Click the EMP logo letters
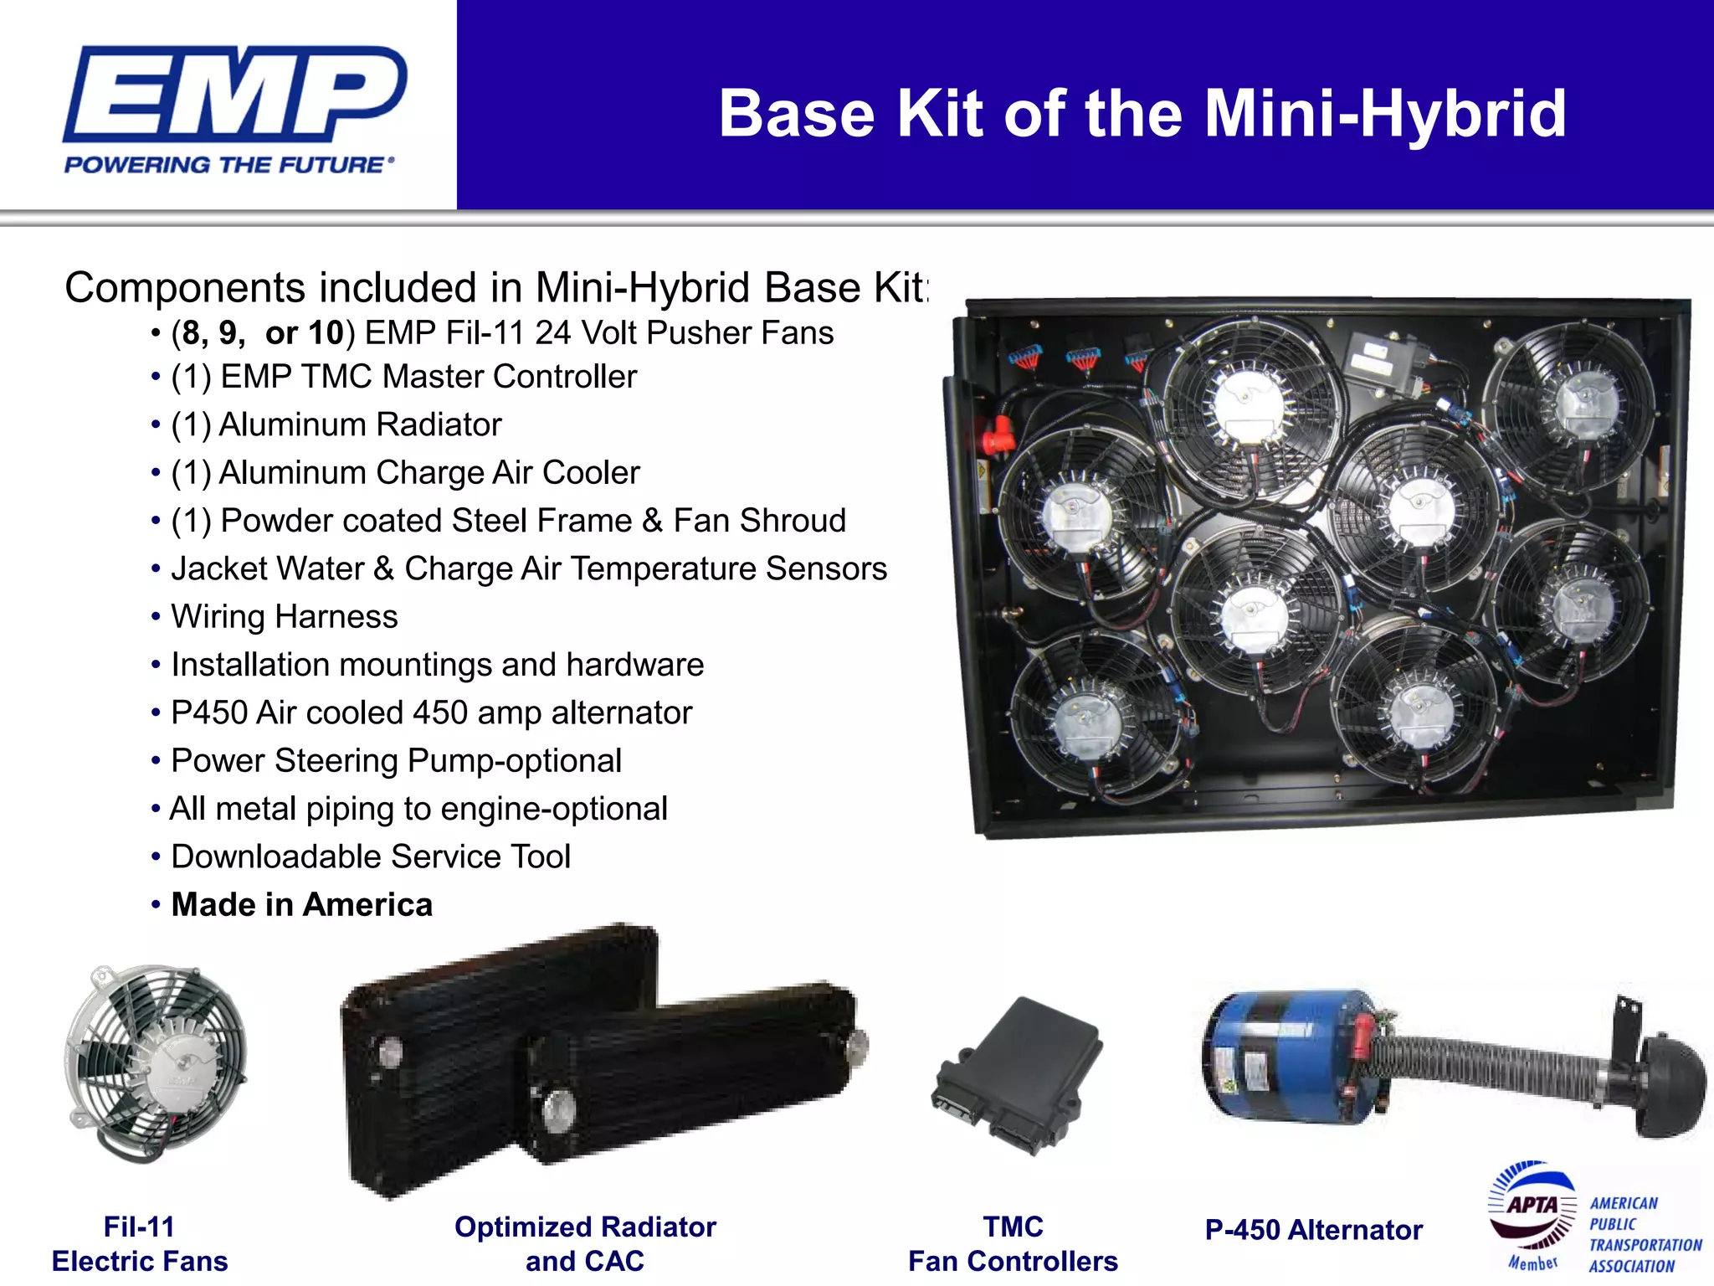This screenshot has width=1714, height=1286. coord(234,94)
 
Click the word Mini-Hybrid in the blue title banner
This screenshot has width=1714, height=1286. coord(1385,114)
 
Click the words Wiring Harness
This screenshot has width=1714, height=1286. coord(285,617)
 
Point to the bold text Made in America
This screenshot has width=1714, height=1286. coord(302,905)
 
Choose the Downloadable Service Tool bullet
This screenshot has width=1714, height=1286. coord(371,856)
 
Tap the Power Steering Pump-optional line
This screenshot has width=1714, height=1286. coord(396,761)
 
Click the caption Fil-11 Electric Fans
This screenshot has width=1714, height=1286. coord(140,1244)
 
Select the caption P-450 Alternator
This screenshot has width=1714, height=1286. coord(1313,1230)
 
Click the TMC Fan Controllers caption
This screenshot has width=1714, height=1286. coord(1013,1244)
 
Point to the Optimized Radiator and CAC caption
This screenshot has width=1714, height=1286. coord(585,1244)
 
